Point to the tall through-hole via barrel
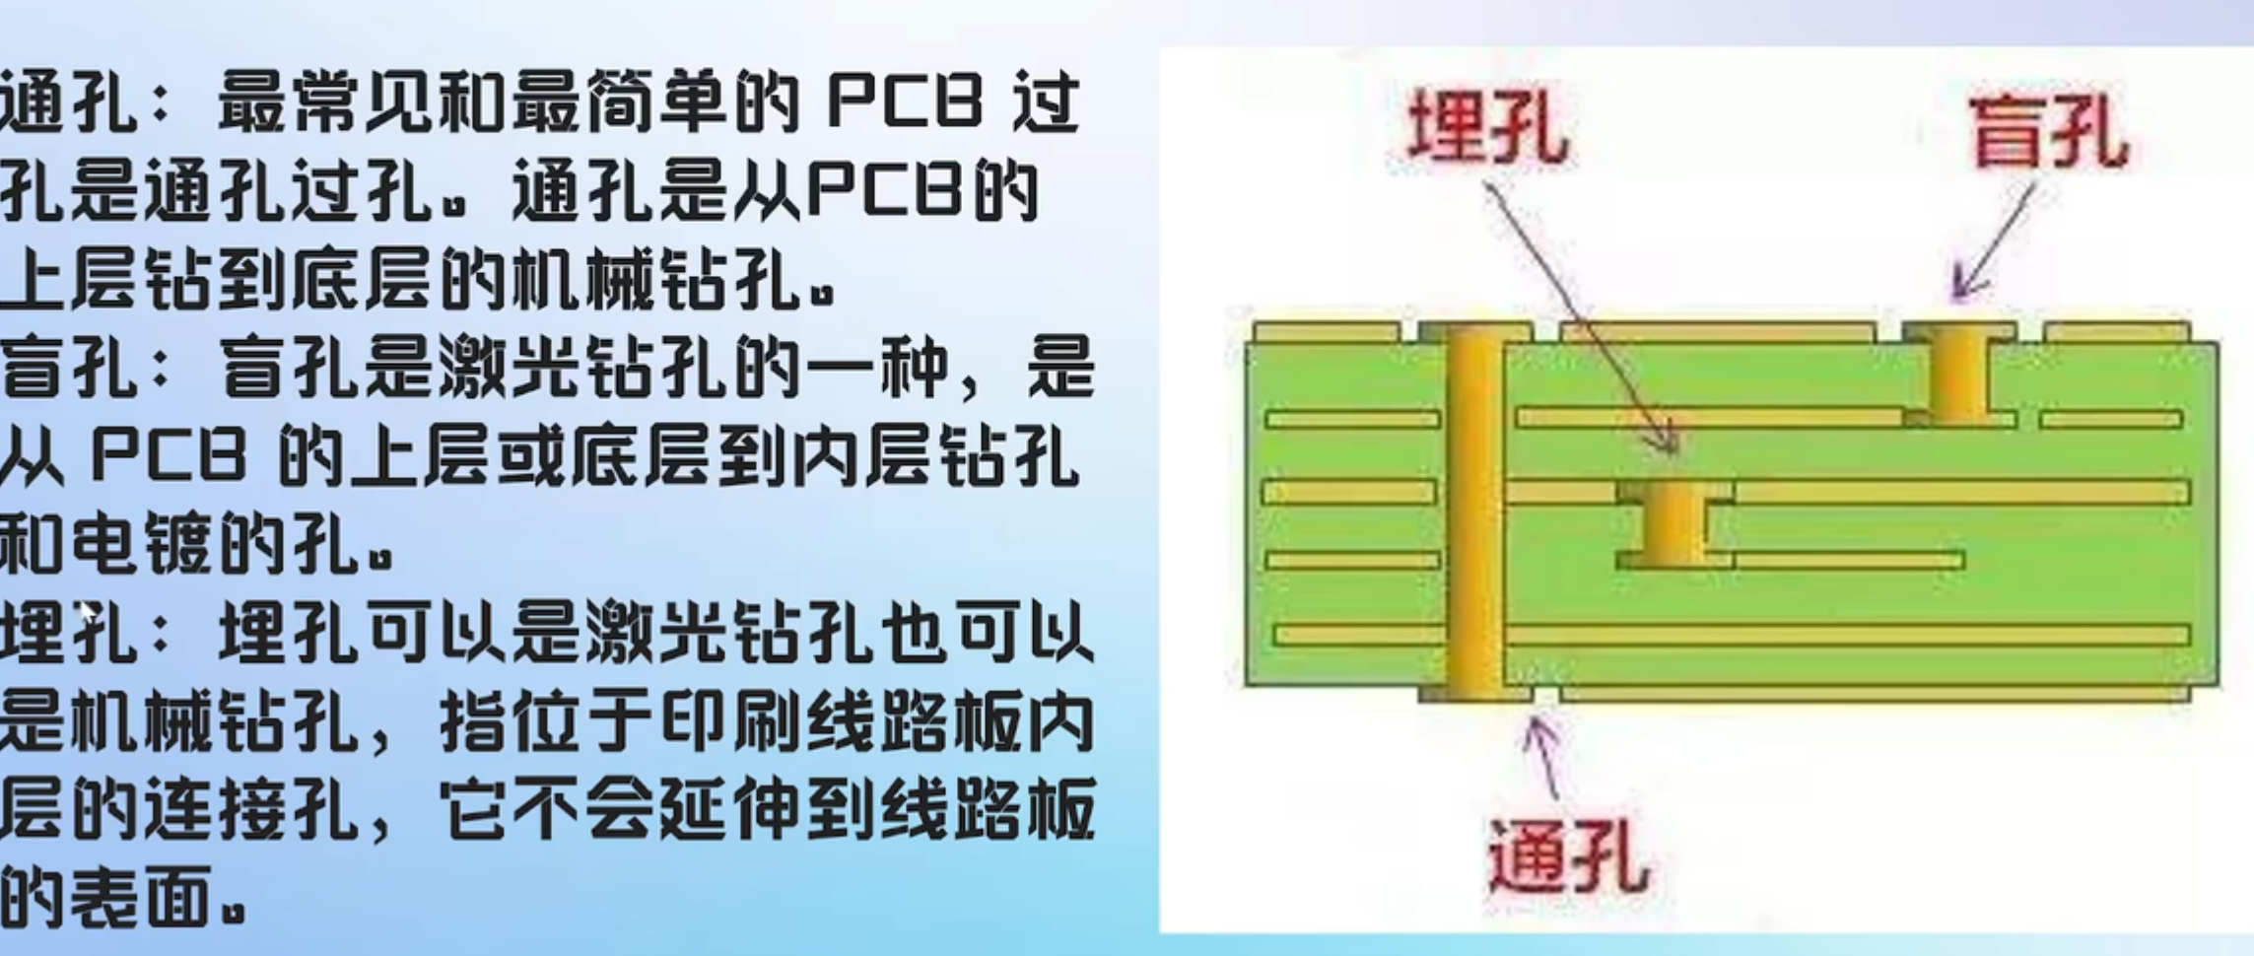click(1475, 512)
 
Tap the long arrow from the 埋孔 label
click(1577, 315)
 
